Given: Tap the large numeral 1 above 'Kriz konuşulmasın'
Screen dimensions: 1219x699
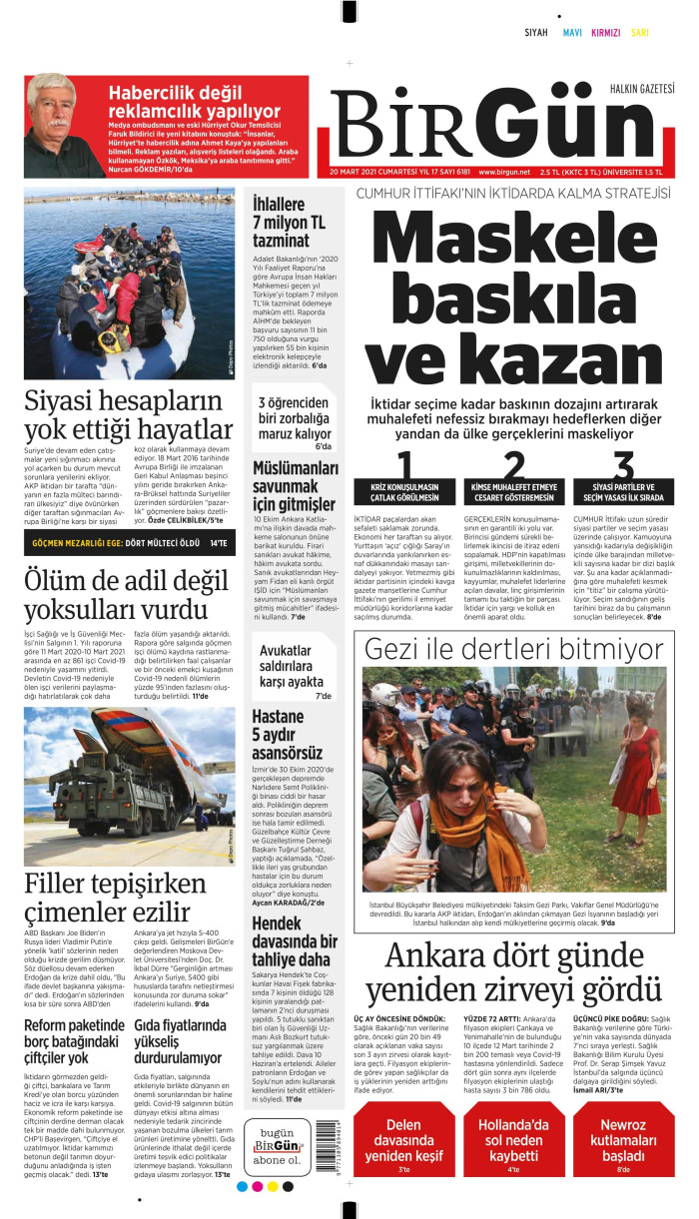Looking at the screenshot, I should point(405,466).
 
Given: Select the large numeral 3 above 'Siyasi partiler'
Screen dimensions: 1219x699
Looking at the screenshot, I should point(624,466).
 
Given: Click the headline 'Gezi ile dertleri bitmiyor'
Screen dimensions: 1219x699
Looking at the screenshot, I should point(514,650).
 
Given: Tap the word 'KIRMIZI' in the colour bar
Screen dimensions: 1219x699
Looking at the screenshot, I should point(606,33).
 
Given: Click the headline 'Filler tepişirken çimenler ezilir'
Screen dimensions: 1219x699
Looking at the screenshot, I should point(122,897).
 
